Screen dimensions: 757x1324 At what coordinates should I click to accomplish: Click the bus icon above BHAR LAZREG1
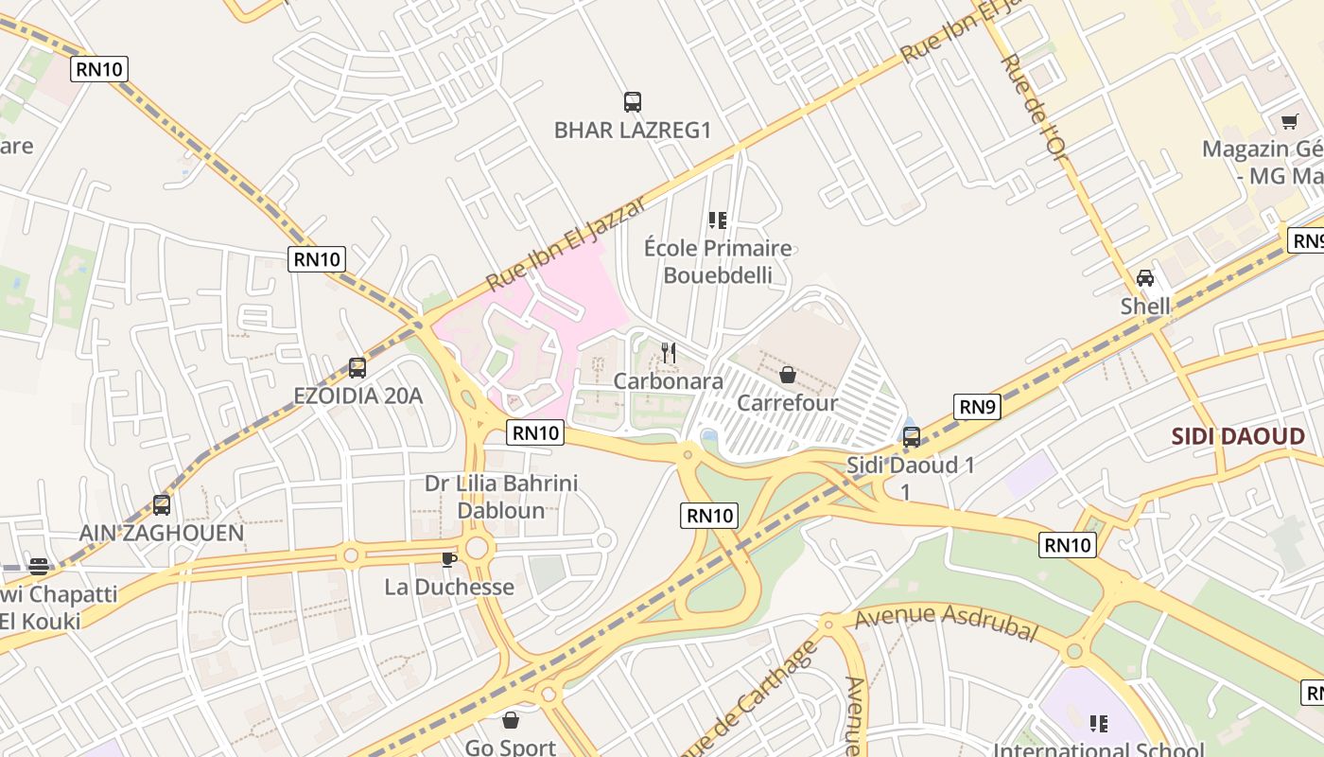(x=633, y=102)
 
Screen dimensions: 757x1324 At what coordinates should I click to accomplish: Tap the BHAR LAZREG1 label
(x=632, y=131)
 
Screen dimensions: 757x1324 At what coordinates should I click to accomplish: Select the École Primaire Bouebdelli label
(x=718, y=262)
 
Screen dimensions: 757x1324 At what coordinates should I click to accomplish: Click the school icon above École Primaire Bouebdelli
(x=718, y=220)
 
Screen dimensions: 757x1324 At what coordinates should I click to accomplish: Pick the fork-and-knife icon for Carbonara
(x=669, y=353)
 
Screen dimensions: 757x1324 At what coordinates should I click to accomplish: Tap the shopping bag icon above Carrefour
(x=788, y=376)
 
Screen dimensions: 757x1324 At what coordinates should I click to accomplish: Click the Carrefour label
(x=787, y=403)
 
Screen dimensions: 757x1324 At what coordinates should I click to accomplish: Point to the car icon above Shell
(x=1145, y=278)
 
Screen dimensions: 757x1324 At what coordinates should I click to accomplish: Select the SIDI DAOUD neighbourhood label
(x=1238, y=436)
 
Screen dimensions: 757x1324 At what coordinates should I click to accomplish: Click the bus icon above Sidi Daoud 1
(x=912, y=437)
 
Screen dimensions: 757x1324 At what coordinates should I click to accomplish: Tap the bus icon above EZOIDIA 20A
(x=357, y=368)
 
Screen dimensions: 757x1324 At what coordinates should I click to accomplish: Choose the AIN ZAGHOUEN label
(x=162, y=533)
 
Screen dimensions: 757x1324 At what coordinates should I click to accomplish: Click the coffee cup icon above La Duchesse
(x=449, y=559)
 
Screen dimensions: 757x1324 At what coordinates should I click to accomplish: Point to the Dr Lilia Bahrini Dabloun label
(x=501, y=497)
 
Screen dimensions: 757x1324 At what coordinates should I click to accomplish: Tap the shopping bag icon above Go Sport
(x=511, y=721)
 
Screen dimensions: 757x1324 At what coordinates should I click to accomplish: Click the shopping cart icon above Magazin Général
(x=1289, y=121)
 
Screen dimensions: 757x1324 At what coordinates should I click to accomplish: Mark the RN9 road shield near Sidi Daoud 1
(x=977, y=407)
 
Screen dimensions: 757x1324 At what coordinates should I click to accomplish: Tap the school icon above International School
(x=1098, y=724)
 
